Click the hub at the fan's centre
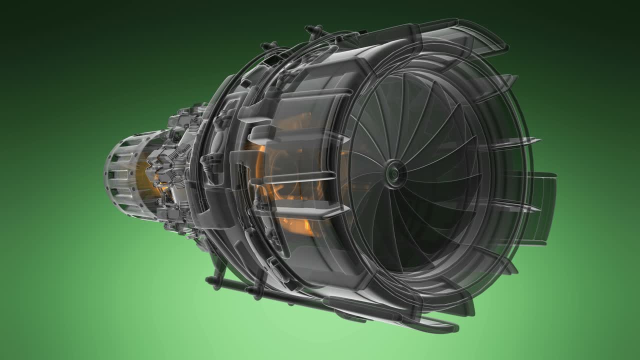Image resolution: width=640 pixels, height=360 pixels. (x=394, y=172)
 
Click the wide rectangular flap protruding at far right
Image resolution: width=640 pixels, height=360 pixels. (x=542, y=207)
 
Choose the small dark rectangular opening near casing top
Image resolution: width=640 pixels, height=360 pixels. (x=272, y=60)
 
